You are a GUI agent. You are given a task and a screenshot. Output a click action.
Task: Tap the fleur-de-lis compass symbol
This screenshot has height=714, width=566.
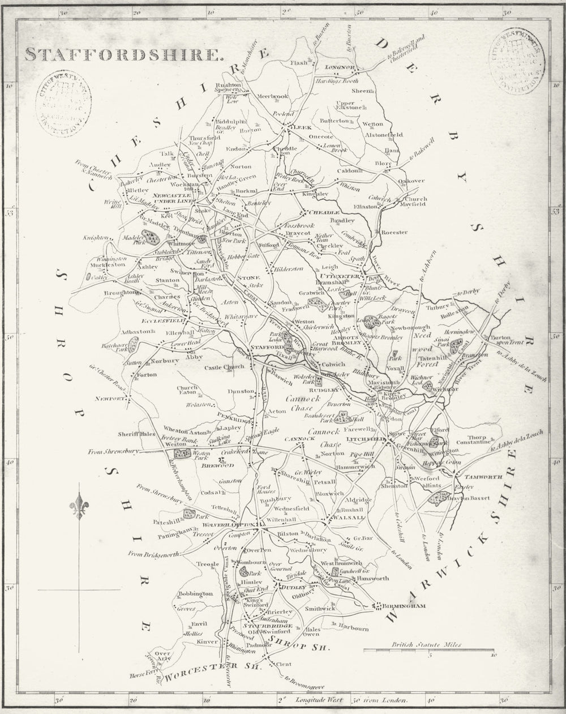pyautogui.click(x=78, y=506)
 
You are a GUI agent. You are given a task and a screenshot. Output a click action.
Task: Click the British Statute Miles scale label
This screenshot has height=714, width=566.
pyautogui.click(x=426, y=644)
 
